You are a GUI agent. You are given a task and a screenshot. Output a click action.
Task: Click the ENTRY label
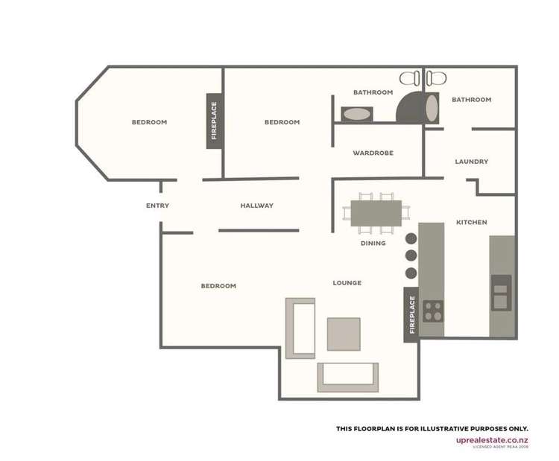click(x=157, y=206)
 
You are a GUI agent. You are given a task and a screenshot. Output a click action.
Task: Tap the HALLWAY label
click(x=256, y=206)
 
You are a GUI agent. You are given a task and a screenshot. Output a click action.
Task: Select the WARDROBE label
click(x=373, y=153)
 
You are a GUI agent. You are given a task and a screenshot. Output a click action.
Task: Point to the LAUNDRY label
click(x=471, y=162)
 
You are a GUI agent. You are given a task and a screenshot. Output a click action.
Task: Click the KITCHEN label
click(x=471, y=222)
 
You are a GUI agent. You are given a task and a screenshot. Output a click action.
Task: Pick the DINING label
click(x=373, y=243)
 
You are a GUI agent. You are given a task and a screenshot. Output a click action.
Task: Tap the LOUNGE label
click(x=347, y=283)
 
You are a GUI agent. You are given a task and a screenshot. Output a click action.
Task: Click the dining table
click(x=376, y=212)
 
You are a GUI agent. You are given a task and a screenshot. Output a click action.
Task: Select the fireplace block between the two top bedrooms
click(x=214, y=121)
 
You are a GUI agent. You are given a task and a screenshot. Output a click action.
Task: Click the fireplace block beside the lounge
click(x=411, y=314)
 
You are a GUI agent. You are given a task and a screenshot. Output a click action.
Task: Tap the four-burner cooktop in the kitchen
click(x=432, y=310)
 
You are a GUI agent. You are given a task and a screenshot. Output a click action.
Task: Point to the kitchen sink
click(x=501, y=292)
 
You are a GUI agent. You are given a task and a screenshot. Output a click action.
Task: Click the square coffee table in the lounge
click(x=344, y=334)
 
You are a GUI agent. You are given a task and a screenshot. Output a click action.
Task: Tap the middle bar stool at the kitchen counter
click(x=411, y=255)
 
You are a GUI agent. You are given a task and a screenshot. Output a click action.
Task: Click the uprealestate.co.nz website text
click(x=492, y=439)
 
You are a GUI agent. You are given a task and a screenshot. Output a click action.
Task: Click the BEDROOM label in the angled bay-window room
click(x=149, y=122)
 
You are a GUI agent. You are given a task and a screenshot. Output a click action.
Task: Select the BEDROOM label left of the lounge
click(x=218, y=286)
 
